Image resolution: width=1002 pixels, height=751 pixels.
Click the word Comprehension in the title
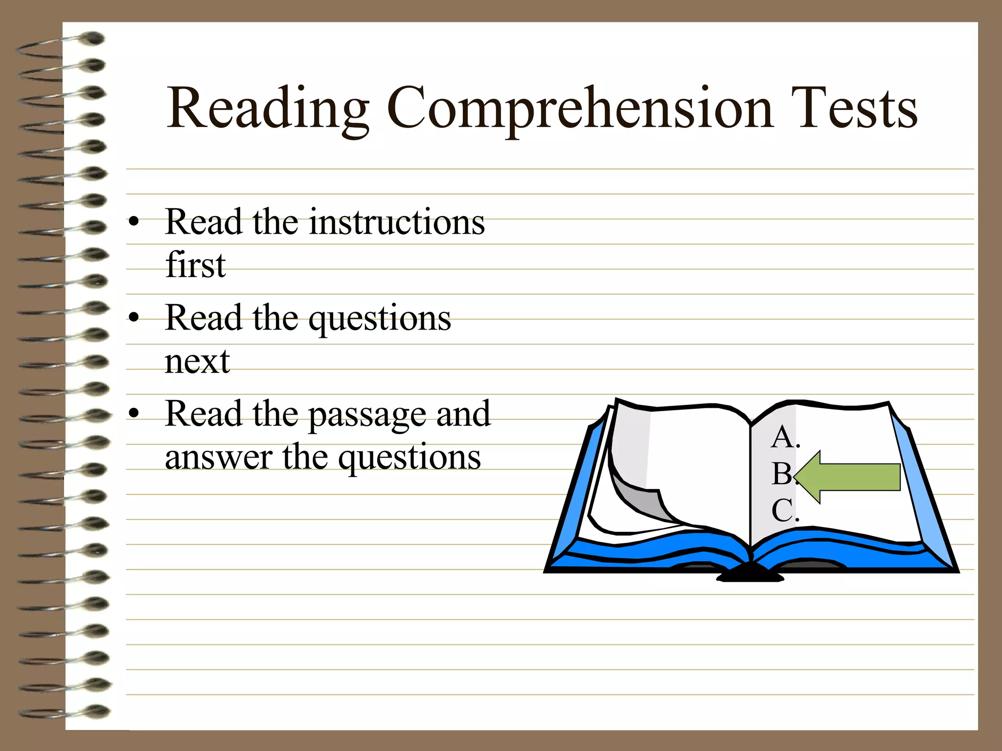point(579,109)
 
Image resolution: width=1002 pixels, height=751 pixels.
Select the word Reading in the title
point(268,109)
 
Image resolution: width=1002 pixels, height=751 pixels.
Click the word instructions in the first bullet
point(397,222)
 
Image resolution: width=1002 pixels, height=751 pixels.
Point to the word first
point(196,265)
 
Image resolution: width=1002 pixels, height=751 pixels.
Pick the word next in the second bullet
point(197,362)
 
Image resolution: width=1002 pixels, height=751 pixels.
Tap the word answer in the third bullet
point(219,458)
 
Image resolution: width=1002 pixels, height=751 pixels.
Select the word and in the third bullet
point(463,414)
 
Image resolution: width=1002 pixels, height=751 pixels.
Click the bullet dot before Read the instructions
point(134,222)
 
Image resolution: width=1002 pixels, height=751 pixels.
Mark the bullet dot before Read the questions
point(134,318)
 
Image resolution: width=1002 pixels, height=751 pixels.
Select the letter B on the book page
point(782,474)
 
